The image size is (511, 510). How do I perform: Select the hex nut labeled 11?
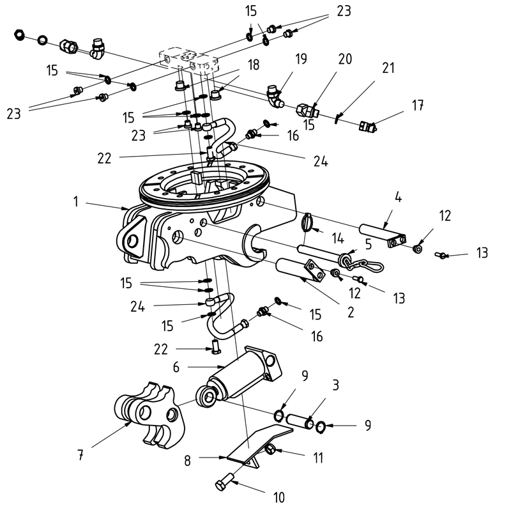pos(270,451)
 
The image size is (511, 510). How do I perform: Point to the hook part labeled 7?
pos(149,415)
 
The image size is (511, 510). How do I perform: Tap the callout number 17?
pos(418,105)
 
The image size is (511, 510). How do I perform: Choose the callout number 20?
pos(345,59)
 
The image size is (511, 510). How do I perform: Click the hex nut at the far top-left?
pos(19,33)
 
